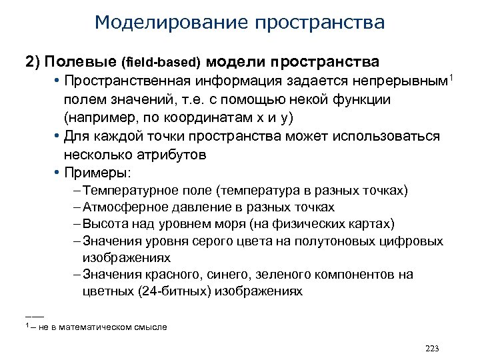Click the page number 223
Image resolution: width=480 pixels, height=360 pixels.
click(432, 349)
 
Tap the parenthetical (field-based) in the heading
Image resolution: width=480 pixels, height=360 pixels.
click(161, 63)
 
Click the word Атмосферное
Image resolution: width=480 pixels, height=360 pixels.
click(121, 207)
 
